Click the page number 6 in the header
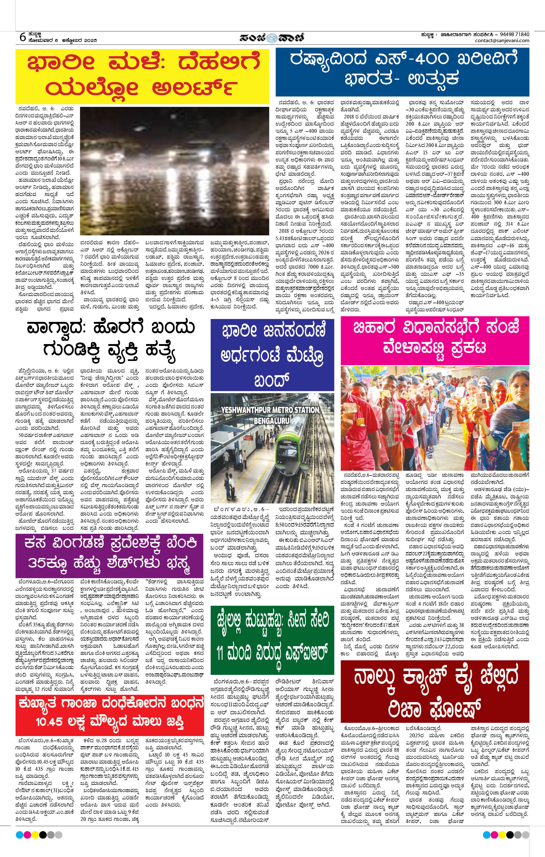tap(22, 37)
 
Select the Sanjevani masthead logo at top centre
tap(272, 37)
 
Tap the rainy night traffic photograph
tap(174, 171)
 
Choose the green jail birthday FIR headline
tap(272, 640)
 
